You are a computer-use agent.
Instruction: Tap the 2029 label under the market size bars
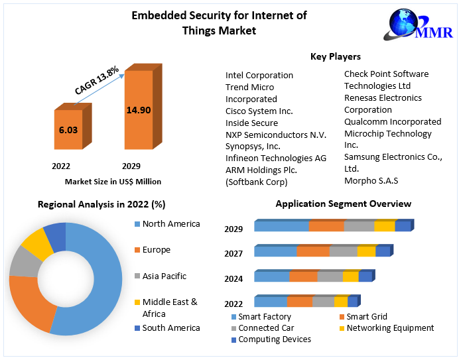[x=131, y=166]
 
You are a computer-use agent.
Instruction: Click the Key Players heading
[x=336, y=57]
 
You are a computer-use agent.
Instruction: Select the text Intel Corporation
[x=259, y=76]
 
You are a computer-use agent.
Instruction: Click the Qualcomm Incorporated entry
[x=393, y=122]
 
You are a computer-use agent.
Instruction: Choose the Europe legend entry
[x=156, y=250]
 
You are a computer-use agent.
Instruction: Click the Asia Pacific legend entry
[x=164, y=276]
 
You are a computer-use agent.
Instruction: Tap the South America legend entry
[x=170, y=328]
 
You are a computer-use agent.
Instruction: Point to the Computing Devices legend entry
[x=275, y=339]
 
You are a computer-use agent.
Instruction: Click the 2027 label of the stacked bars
[x=233, y=253]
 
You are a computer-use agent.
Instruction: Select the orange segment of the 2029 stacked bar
[x=326, y=226]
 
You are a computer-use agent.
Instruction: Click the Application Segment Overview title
[x=344, y=204]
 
